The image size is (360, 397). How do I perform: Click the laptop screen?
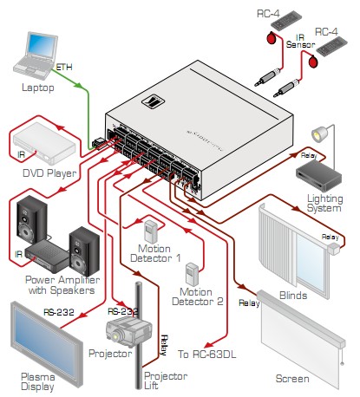pos(43,46)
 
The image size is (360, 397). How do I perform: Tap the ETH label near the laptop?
pos(63,68)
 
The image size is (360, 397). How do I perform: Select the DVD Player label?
pos(49,173)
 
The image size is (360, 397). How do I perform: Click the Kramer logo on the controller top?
pos(153,102)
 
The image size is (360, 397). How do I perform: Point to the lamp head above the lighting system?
pos(319,134)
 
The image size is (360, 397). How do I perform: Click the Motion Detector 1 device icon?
pos(151,232)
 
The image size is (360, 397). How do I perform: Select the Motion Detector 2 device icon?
pos(192,275)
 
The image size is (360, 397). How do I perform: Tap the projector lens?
pos(115,336)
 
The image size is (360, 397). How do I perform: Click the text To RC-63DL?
pos(206,354)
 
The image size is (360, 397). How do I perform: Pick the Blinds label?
pos(293,296)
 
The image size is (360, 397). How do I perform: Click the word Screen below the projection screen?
pos(292,379)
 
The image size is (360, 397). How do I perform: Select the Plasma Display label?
pos(37,381)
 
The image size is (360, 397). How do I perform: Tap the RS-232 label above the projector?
pos(123,311)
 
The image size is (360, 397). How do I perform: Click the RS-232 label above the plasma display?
pos(59,312)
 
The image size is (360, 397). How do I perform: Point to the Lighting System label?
pos(324,203)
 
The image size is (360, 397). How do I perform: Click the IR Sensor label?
pos(300,41)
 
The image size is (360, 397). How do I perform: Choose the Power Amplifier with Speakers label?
pos(62,285)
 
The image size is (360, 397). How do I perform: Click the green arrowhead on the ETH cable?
pos(79,85)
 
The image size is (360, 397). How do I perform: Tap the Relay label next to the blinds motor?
pos(331,238)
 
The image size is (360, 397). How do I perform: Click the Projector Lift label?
pos(166,381)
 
